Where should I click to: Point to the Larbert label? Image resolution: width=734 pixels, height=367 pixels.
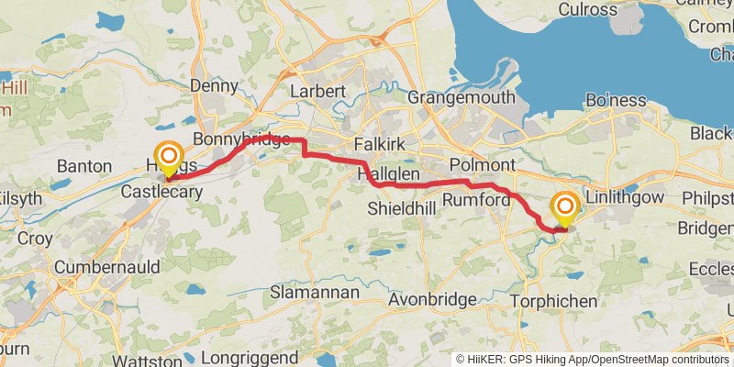tap(317, 92)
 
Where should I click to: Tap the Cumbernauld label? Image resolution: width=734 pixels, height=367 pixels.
tap(106, 267)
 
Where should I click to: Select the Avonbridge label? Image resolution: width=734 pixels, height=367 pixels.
tap(432, 299)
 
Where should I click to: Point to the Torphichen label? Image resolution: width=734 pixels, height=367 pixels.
tap(555, 300)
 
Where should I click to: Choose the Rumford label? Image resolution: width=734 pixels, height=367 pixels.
tap(476, 199)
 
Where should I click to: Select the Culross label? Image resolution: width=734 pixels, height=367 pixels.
tap(586, 9)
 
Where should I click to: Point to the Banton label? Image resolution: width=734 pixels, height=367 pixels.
tap(83, 166)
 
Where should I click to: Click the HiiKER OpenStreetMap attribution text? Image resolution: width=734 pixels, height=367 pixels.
tap(592, 359)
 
